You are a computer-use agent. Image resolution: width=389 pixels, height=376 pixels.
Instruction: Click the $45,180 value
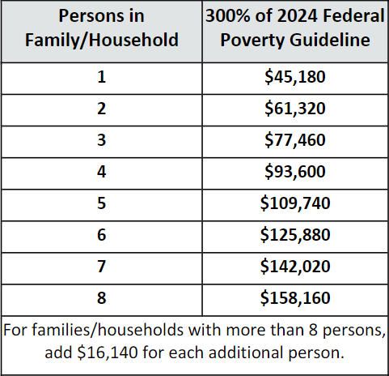295,77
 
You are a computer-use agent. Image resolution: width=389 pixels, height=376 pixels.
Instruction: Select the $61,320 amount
295,109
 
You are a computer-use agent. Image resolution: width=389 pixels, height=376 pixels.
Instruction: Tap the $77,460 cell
295,140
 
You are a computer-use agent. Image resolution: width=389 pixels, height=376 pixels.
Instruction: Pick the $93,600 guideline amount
295,172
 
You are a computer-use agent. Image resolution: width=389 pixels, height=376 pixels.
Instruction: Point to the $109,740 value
295,203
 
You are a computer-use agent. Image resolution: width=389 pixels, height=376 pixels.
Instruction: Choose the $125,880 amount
295,235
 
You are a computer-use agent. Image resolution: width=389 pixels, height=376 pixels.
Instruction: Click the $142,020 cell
295,267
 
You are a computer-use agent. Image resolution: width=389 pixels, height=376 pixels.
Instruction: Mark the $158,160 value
295,298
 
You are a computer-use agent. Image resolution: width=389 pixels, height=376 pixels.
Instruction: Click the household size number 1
101,77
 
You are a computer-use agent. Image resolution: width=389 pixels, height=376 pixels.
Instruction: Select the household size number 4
101,172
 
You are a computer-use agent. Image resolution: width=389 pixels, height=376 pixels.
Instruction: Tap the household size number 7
101,267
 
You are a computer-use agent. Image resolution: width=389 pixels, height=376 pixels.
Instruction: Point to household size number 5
101,203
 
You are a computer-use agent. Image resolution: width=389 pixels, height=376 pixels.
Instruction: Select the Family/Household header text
102,40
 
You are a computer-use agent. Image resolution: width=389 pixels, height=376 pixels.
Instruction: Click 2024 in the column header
297,15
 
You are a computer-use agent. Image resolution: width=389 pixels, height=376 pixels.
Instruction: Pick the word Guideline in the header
330,40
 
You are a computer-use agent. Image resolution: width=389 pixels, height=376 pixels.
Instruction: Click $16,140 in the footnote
107,352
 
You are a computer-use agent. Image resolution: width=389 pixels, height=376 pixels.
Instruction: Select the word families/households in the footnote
108,330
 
